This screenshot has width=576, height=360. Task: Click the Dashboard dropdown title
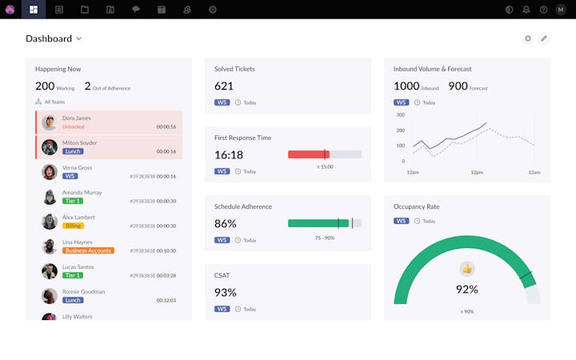[53, 38]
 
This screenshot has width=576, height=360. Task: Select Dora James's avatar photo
[49, 122]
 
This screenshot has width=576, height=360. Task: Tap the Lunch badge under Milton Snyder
[73, 151]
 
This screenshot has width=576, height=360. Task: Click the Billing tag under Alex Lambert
[74, 226]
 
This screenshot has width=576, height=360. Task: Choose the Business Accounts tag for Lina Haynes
[88, 250]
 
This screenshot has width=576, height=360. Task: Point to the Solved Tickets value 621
[224, 86]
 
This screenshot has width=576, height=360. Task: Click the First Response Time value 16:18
[229, 154]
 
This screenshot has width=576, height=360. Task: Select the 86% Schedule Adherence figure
[226, 223]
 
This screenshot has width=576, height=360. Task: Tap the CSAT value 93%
[226, 292]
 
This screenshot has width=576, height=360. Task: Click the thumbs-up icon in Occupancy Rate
[467, 269]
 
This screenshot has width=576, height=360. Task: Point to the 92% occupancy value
[467, 290]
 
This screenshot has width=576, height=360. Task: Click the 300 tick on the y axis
[400, 114]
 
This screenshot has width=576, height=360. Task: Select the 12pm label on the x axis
[477, 172]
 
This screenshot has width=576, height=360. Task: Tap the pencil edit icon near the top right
[544, 38]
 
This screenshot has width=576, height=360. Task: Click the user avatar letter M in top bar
[561, 10]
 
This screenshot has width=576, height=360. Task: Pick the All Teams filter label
[54, 102]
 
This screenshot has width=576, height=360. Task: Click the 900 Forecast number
[458, 86]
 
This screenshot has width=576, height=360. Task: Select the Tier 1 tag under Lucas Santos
[74, 275]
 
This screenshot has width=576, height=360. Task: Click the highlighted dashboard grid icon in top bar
[34, 10]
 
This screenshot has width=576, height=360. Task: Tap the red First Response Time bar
[306, 154]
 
